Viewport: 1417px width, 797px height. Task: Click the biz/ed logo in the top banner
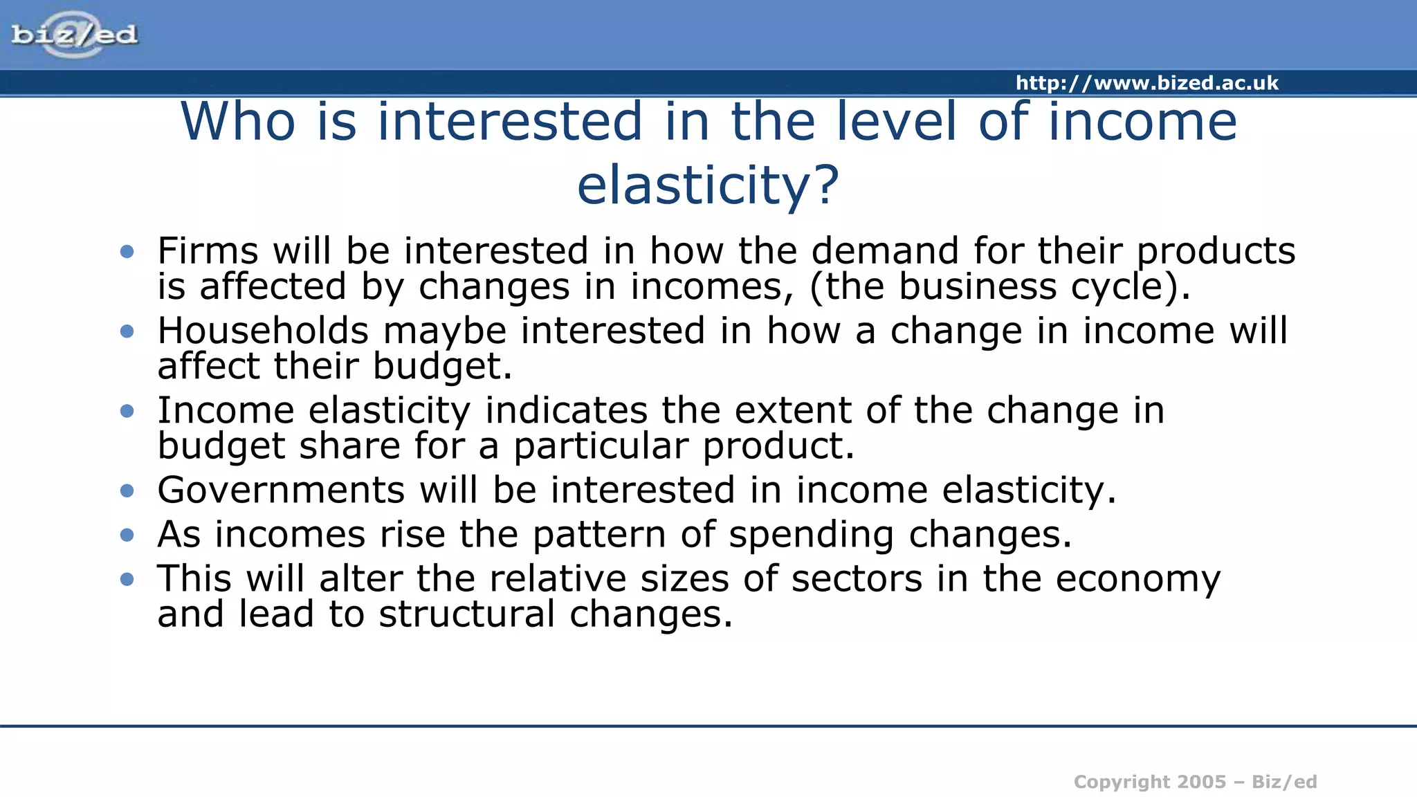point(74,34)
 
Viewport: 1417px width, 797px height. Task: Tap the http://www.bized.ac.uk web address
point(1146,83)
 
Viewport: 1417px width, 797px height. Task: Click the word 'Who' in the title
point(238,122)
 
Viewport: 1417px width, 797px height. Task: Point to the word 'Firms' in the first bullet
point(208,250)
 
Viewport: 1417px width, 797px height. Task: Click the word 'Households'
point(263,331)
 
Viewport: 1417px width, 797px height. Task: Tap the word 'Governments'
point(281,491)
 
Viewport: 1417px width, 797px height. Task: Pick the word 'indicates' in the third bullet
point(566,410)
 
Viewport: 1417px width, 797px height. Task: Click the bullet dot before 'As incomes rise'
point(127,535)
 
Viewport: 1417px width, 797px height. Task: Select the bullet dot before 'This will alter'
point(127,579)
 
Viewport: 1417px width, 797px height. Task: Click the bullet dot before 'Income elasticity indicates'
point(127,411)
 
